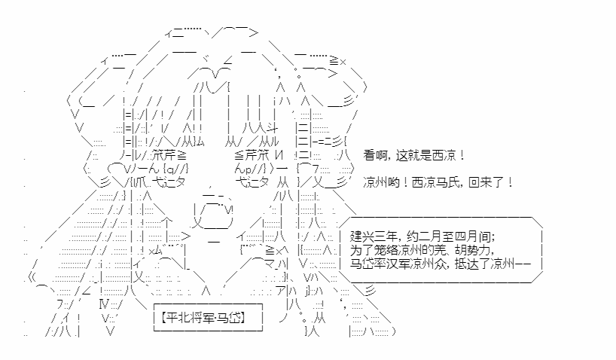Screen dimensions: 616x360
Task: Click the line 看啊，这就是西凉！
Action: [414, 156]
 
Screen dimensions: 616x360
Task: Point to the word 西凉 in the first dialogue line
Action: [444, 156]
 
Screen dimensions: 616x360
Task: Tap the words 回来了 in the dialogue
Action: [486, 183]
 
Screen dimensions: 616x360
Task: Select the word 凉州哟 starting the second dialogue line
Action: [380, 183]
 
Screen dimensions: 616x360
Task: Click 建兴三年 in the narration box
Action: [373, 236]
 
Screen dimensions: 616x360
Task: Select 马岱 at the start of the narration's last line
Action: [361, 264]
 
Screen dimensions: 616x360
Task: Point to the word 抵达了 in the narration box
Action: [472, 264]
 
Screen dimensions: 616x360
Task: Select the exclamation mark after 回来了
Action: [510, 183]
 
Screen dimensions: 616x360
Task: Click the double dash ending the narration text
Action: [523, 264]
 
